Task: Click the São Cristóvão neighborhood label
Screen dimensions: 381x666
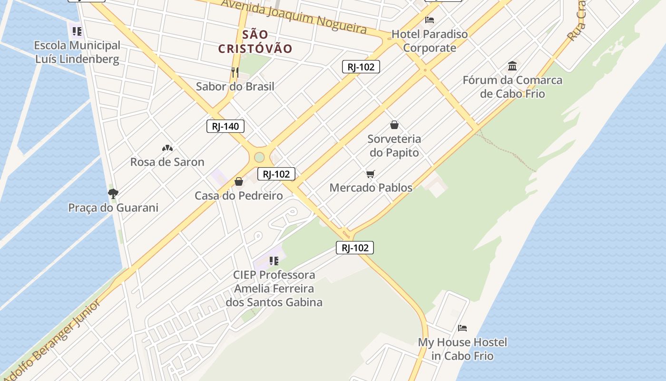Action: click(255, 41)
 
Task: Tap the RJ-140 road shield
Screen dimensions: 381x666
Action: click(225, 126)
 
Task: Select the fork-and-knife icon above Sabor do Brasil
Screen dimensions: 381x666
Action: click(235, 72)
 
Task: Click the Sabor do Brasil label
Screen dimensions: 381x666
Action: click(235, 87)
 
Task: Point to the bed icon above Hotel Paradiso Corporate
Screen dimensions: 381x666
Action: click(430, 20)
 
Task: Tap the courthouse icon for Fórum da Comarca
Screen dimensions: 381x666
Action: click(512, 66)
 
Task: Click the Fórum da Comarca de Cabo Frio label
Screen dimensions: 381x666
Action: click(512, 87)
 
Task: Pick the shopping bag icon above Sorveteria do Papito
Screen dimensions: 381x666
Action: click(394, 125)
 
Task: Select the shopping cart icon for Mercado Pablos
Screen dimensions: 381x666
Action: click(371, 174)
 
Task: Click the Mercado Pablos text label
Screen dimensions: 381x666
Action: click(371, 188)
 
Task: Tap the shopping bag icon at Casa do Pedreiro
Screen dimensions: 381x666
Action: click(239, 181)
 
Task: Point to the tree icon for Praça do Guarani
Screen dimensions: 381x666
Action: click(113, 193)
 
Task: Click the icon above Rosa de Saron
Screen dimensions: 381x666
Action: click(167, 148)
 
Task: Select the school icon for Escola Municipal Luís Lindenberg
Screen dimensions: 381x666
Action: click(77, 31)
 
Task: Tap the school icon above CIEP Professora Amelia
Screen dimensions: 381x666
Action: click(274, 261)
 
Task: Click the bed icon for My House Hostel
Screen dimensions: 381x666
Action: click(462, 328)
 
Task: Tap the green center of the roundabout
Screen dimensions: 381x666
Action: click(259, 157)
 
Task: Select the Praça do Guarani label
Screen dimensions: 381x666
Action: click(113, 208)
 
